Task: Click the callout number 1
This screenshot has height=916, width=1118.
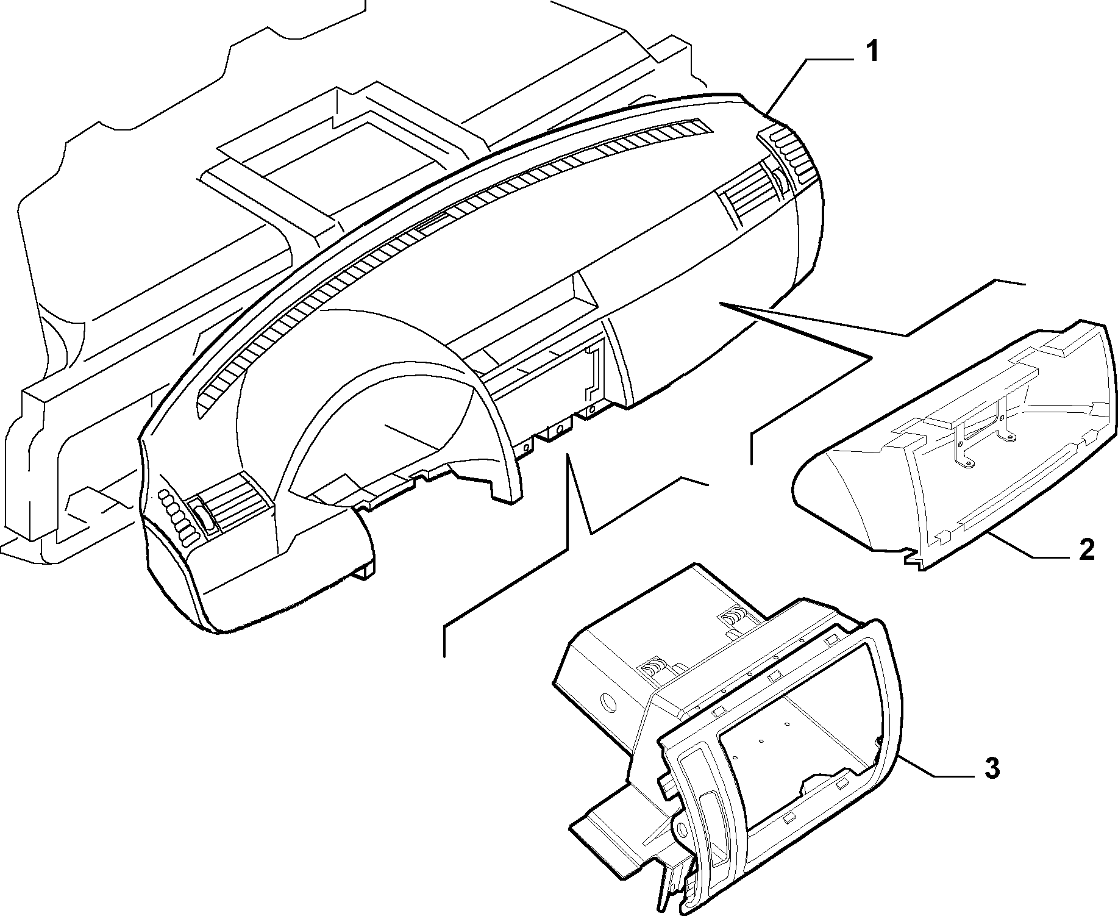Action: pos(873,52)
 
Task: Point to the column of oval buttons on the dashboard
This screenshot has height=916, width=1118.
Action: pos(176,516)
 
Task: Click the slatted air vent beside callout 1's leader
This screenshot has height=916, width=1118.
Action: pos(752,195)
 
